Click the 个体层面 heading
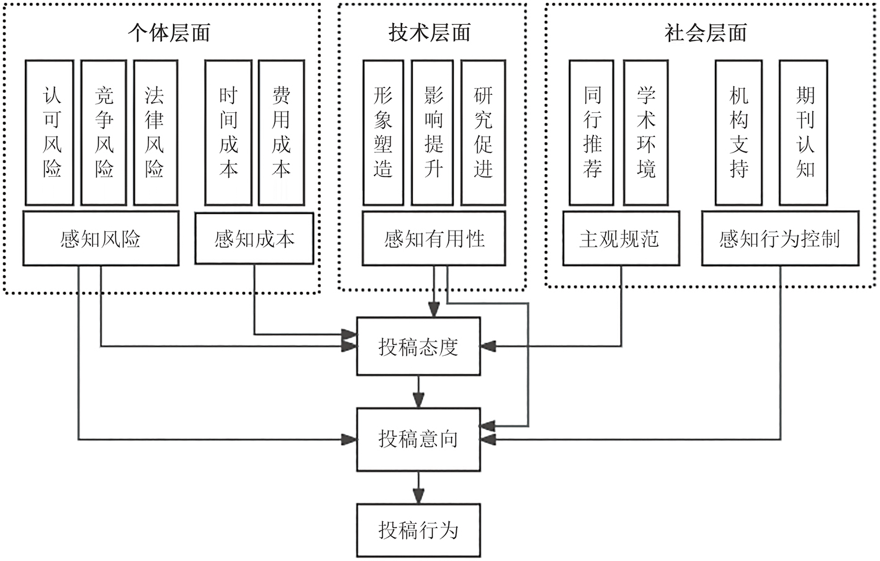(169, 33)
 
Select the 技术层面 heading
(429, 33)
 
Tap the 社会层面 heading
(706, 33)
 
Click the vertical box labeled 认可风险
(50, 132)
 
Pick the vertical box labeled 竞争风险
(104, 132)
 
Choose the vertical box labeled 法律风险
(155, 132)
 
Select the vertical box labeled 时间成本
(228, 132)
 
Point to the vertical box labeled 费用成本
(281, 132)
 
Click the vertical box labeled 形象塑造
(383, 132)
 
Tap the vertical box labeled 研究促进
(483, 132)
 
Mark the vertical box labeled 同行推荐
(592, 132)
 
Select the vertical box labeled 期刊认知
(804, 132)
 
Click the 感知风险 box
(101, 239)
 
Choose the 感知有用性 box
(434, 239)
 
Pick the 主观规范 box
(619, 239)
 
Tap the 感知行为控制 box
(780, 239)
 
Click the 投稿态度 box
(418, 347)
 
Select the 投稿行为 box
(418, 530)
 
